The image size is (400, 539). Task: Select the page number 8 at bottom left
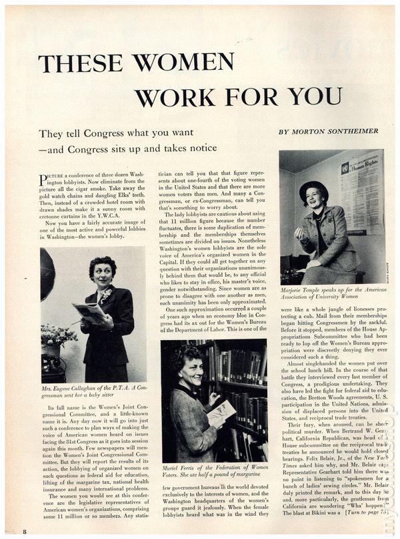tap(25, 530)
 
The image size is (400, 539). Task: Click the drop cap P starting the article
tap(43, 179)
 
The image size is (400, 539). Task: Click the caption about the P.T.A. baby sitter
tap(93, 393)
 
